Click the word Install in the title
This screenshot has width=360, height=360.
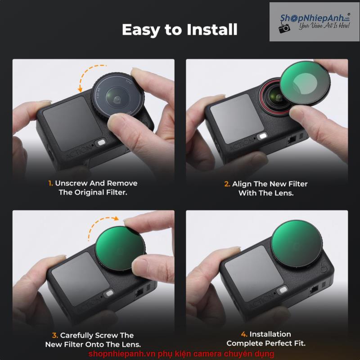click(211, 30)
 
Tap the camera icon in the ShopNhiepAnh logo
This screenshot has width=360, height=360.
click(284, 28)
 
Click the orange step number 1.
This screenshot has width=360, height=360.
click(50, 183)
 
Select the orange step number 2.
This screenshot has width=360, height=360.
click(227, 184)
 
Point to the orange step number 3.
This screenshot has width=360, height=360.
click(54, 335)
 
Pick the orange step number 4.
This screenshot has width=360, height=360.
click(244, 334)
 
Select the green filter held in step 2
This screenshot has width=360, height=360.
click(305, 84)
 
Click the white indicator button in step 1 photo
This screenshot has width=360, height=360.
click(101, 143)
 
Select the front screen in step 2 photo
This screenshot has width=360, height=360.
click(237, 118)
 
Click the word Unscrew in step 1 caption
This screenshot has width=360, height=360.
click(71, 183)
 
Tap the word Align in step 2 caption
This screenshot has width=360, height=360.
click(242, 184)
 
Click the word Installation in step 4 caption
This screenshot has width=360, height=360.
click(270, 334)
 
